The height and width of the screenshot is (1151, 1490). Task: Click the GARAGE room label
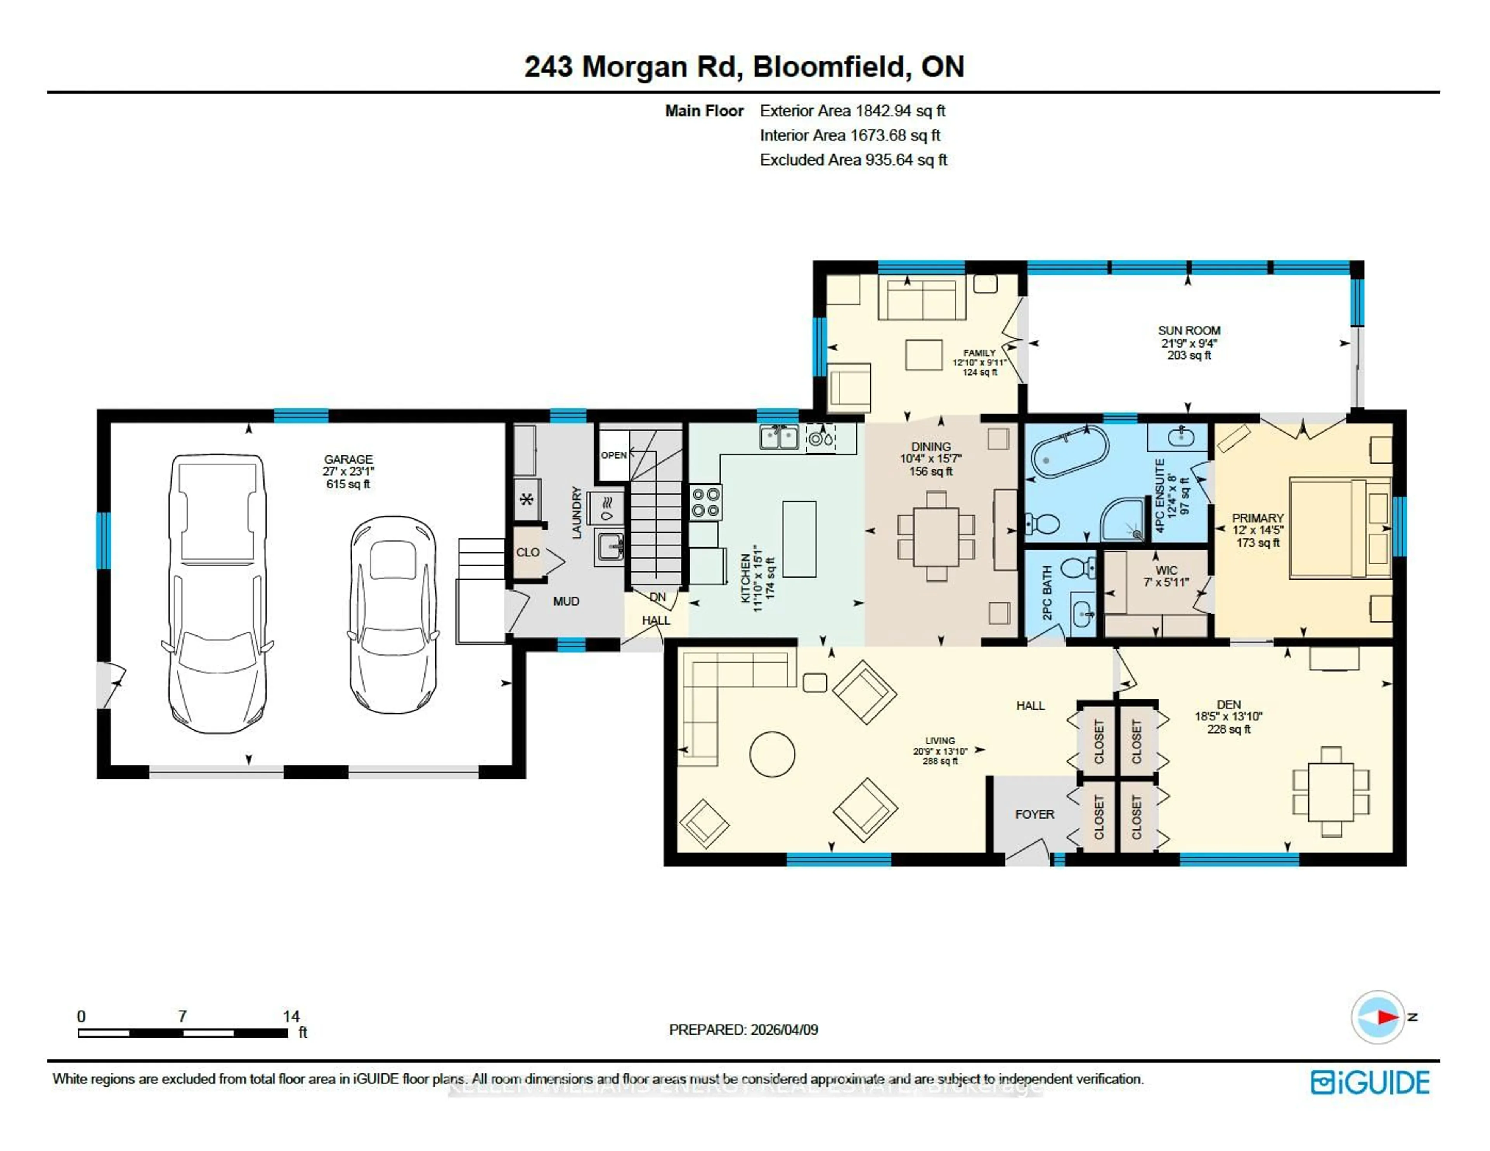tap(348, 459)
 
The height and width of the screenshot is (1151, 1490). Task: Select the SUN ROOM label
tap(1189, 330)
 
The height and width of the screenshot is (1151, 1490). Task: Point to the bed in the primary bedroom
tap(1339, 529)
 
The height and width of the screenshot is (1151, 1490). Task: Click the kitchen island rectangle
tap(799, 539)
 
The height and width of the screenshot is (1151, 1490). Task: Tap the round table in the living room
tap(772, 754)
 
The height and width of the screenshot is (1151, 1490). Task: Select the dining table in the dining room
tap(936, 536)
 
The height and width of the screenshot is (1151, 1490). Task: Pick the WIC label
tap(1166, 570)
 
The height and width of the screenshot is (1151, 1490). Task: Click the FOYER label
tap(1034, 814)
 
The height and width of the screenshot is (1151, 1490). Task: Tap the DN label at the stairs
tap(657, 597)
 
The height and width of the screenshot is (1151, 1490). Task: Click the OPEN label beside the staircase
tap(613, 455)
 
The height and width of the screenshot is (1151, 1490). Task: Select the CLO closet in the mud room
tap(527, 552)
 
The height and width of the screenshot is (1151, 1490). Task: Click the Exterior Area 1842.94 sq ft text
tap(852, 111)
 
